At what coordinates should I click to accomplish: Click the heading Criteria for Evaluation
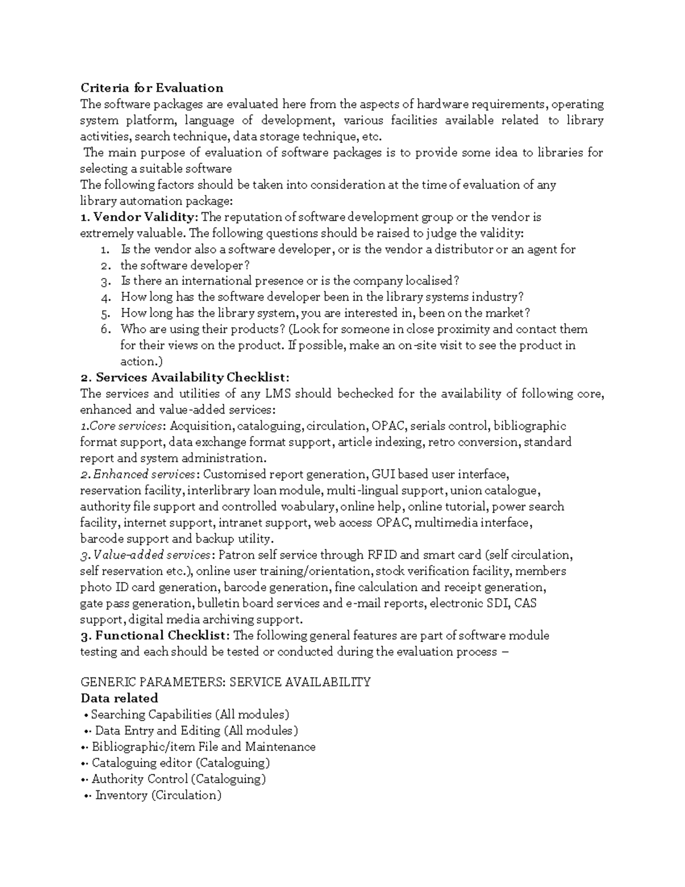151,88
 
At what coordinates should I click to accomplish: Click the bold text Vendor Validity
144,217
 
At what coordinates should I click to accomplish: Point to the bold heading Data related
119,698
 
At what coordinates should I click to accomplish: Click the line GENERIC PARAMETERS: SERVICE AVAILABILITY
225,682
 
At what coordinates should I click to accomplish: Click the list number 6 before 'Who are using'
104,330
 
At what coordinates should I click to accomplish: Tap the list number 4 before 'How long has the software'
104,298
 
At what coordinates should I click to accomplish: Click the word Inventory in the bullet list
121,795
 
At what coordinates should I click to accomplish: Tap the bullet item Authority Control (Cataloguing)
179,779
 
